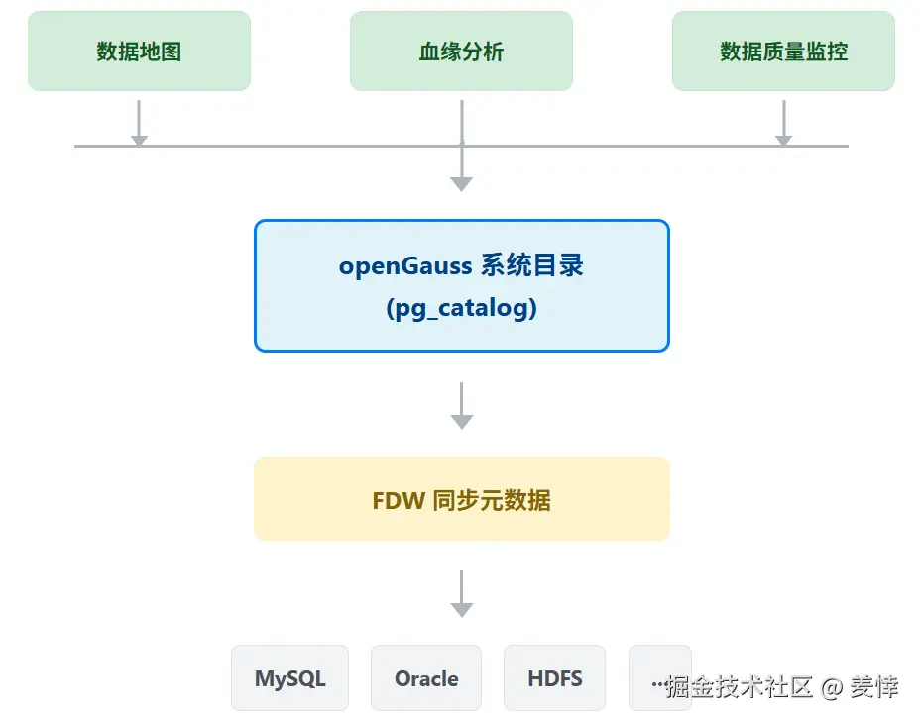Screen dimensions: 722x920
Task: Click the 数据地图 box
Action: coord(139,52)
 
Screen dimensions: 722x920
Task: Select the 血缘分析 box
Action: coord(461,52)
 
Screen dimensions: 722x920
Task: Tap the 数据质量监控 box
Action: coord(783,52)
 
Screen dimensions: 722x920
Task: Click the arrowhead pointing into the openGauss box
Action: coord(461,182)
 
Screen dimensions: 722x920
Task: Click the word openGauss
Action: coord(405,266)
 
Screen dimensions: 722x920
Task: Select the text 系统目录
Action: coord(532,265)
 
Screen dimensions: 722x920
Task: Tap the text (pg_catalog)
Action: coord(461,308)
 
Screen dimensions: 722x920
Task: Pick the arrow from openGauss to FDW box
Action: coord(461,405)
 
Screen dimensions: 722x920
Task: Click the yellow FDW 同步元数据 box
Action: coord(461,499)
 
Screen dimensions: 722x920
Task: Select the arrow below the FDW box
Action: coord(461,594)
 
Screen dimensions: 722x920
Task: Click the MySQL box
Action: coord(289,678)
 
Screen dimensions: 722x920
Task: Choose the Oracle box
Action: coord(426,678)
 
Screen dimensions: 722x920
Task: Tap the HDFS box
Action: coord(554,678)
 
